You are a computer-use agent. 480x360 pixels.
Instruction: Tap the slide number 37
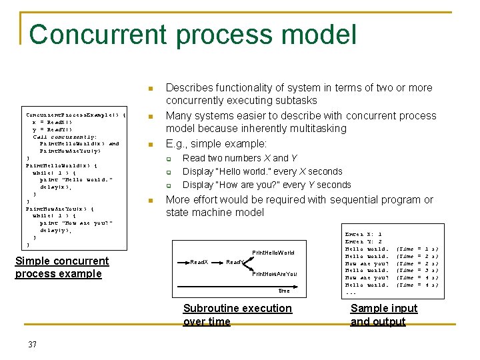tap(32, 344)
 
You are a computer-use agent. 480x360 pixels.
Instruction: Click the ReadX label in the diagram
tap(199, 262)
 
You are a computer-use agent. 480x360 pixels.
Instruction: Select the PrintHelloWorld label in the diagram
tap(273, 253)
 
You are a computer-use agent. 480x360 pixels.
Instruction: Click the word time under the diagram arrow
tap(285, 291)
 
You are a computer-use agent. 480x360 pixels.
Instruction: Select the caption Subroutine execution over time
tap(237, 315)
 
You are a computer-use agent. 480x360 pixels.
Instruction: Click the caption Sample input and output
tap(383, 315)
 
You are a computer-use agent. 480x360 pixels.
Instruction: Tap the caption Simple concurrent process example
tap(61, 267)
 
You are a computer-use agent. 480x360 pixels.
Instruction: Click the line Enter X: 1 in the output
tap(363, 235)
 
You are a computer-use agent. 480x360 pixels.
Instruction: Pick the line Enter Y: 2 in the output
tap(363, 242)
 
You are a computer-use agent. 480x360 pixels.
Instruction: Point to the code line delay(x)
tap(56, 187)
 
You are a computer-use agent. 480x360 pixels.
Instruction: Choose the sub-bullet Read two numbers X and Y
tap(240, 158)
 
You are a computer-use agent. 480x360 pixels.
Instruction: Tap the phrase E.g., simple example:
tap(216, 144)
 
